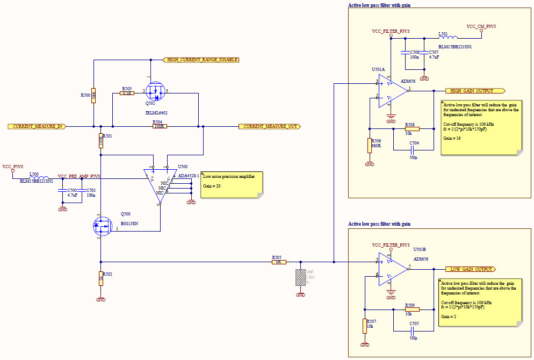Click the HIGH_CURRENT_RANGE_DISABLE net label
coord(201,60)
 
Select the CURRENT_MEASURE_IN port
coord(37,126)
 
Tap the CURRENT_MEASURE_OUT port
coord(269,126)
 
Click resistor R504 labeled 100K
coord(158,126)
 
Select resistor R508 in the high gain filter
coord(412,129)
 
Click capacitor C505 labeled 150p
coord(413,329)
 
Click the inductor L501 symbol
coord(448,38)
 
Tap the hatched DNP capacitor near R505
coord(301,277)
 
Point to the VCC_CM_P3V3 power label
coord(481,26)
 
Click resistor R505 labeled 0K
coord(278,262)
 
